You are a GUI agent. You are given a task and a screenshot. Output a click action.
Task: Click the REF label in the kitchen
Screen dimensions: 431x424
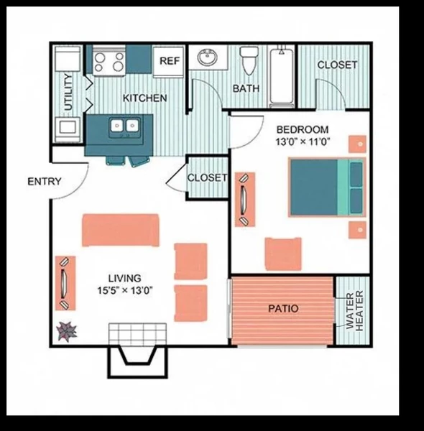tap(169, 61)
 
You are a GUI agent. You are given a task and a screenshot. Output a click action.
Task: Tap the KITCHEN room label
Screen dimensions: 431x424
tap(144, 98)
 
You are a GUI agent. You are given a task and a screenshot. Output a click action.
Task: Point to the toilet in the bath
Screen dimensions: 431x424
tap(249, 60)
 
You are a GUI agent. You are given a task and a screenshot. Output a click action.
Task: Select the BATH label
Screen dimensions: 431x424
tap(246, 89)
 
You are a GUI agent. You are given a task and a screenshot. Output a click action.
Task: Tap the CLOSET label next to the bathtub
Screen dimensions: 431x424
tap(337, 65)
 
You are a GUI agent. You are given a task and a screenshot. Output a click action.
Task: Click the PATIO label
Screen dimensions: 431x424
tap(284, 309)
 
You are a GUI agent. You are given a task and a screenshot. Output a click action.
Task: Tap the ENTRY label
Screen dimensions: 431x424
tap(45, 182)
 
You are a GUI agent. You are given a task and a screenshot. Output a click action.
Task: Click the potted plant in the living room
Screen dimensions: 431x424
tap(67, 331)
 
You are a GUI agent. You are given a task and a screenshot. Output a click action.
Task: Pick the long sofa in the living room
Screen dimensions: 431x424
tap(120, 230)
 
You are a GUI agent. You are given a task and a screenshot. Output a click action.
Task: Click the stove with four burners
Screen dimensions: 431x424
tap(110, 60)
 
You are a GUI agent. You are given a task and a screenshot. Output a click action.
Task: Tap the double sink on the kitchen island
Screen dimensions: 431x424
tap(124, 128)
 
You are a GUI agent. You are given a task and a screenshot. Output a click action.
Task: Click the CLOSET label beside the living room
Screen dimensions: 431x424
tap(207, 177)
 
